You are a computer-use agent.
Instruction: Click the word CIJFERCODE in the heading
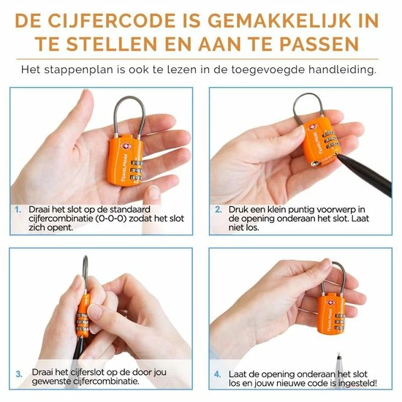112,20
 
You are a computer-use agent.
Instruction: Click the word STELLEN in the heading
111,44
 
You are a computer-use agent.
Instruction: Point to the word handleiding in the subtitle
343,69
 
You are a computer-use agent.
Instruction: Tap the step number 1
18,210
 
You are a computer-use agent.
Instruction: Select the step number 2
219,210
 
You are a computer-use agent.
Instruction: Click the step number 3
19,373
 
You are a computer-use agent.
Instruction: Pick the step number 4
217,374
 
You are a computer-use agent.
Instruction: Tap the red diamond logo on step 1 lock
126,146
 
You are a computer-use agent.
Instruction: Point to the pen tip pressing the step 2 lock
338,155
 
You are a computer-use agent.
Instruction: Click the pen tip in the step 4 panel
338,356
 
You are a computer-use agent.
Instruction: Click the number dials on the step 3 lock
83,322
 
